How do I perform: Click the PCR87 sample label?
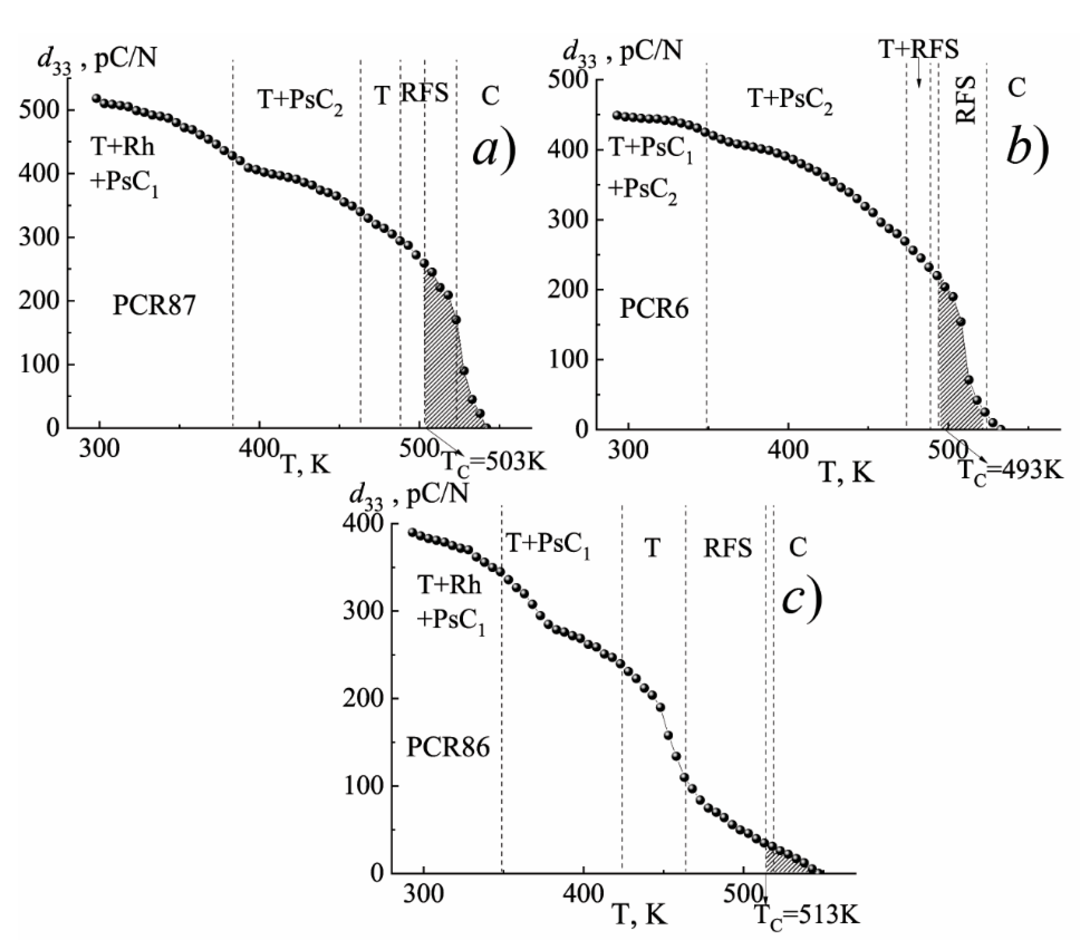pyautogui.click(x=154, y=306)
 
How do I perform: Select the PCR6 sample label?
pyautogui.click(x=654, y=308)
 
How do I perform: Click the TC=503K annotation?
pyautogui.click(x=493, y=462)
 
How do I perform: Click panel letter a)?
pyautogui.click(x=493, y=151)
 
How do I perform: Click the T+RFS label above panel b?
pyautogui.click(x=919, y=49)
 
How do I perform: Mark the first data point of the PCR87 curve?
pyautogui.click(x=96, y=98)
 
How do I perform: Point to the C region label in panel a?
pyautogui.click(x=490, y=96)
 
